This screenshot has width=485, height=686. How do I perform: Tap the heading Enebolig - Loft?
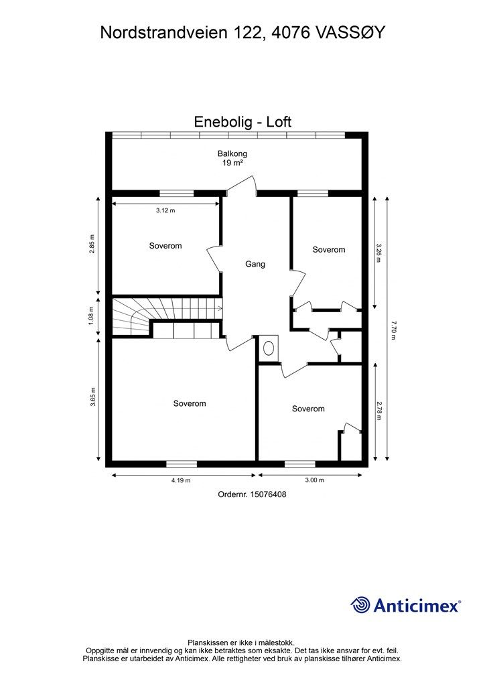click(x=242, y=122)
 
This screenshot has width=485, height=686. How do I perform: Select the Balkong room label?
click(x=232, y=153)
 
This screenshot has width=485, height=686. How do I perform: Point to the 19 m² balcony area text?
click(x=232, y=163)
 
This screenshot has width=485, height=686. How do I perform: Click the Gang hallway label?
click(x=255, y=264)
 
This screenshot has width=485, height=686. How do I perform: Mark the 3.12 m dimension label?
click(x=165, y=210)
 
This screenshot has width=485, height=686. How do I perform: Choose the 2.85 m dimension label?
click(x=92, y=245)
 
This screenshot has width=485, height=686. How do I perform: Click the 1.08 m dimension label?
click(x=92, y=315)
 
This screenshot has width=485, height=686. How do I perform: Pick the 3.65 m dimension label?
click(x=92, y=399)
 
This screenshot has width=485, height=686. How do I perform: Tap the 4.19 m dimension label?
click(x=181, y=480)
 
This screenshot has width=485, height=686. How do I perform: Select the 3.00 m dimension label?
click(x=314, y=480)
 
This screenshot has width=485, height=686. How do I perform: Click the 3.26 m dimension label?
click(x=378, y=252)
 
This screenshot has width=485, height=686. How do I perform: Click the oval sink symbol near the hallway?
click(x=269, y=348)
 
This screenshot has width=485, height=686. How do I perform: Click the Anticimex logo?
click(x=406, y=605)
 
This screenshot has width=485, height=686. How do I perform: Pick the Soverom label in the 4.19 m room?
click(x=190, y=403)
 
